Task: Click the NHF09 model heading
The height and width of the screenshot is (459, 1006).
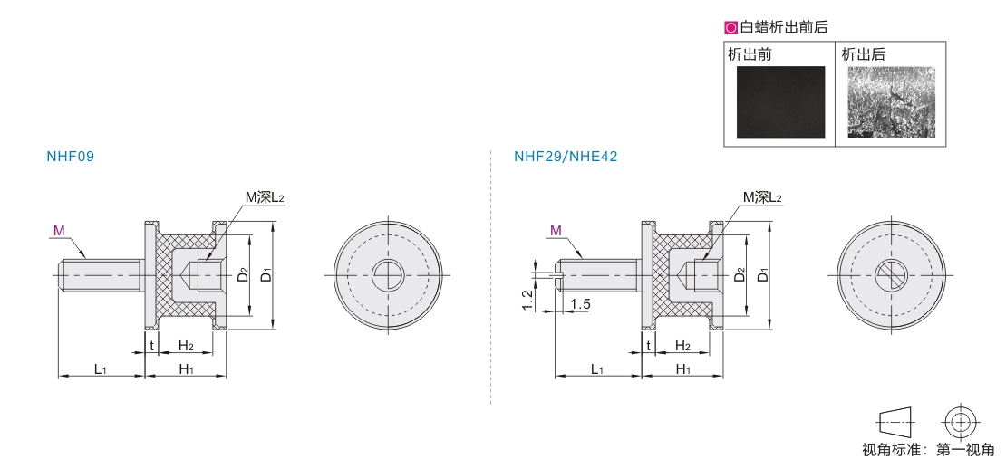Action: [x=71, y=157]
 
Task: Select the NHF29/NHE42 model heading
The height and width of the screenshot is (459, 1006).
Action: [x=566, y=157]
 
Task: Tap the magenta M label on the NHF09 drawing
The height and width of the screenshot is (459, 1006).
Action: [x=59, y=230]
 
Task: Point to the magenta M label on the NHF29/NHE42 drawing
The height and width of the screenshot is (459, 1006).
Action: [x=556, y=230]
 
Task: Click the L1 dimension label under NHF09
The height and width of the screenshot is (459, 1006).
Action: [x=100, y=368]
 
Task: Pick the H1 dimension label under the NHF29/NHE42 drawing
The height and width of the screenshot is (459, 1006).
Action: [x=683, y=368]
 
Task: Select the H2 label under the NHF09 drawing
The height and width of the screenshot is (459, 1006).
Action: [x=186, y=346]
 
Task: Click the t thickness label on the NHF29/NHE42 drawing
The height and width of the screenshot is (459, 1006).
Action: [x=649, y=346]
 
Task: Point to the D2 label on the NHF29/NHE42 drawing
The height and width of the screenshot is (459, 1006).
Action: [x=740, y=274]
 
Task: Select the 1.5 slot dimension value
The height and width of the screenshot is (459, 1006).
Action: [x=580, y=304]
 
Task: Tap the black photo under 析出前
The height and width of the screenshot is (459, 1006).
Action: [x=781, y=101]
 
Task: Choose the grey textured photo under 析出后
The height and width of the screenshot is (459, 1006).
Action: [x=891, y=101]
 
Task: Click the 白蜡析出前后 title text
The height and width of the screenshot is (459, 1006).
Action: [x=783, y=27]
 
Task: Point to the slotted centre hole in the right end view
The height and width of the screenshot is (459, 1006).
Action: [x=891, y=275]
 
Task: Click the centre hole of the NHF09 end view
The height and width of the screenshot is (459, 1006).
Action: [x=388, y=275]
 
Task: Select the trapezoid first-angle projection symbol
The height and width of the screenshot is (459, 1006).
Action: [x=895, y=423]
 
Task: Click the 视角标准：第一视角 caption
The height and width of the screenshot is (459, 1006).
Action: [x=928, y=449]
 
